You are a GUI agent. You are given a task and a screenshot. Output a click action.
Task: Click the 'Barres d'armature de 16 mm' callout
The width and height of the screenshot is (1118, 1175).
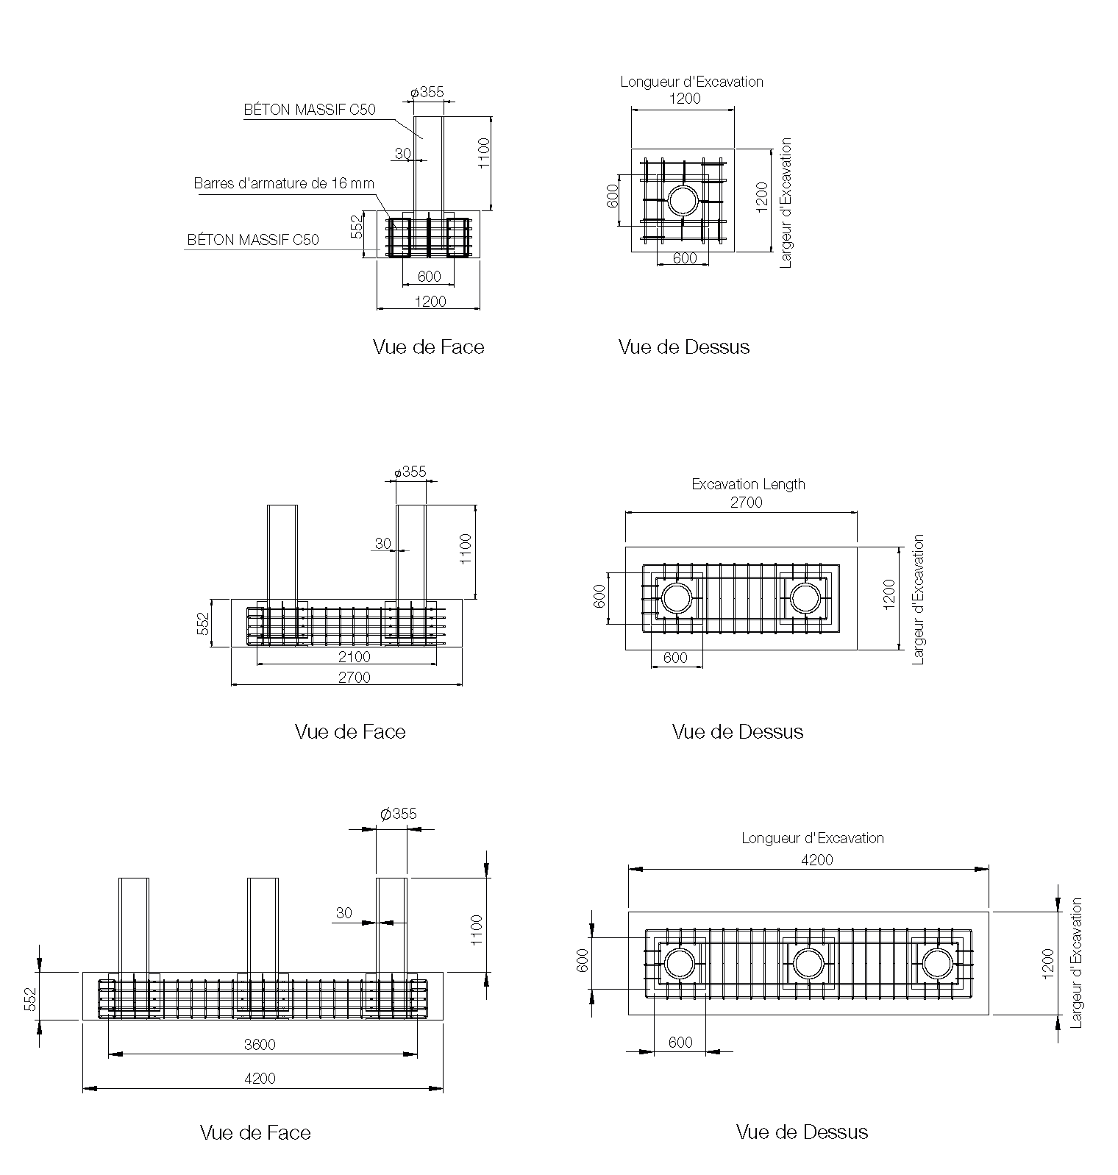pyautogui.click(x=284, y=183)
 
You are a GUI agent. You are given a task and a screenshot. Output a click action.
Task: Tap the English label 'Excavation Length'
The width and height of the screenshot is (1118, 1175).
pyautogui.click(x=748, y=484)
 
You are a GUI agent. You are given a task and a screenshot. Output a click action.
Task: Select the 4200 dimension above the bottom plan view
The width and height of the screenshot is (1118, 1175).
pyautogui.click(x=816, y=859)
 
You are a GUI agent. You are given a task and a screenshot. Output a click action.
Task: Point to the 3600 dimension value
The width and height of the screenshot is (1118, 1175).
pyautogui.click(x=259, y=1044)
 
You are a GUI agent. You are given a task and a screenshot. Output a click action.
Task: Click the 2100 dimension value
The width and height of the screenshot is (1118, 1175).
pyautogui.click(x=354, y=656)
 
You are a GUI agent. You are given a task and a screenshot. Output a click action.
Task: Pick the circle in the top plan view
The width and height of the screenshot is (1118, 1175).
pyautogui.click(x=683, y=200)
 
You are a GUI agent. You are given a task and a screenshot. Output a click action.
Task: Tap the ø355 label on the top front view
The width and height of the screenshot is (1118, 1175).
pyautogui.click(x=427, y=92)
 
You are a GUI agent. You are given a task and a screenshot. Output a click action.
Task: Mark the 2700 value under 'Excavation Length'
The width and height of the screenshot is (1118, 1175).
pyautogui.click(x=746, y=503)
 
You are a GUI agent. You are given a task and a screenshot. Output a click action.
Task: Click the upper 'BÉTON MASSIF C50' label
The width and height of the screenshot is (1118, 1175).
pyautogui.click(x=310, y=110)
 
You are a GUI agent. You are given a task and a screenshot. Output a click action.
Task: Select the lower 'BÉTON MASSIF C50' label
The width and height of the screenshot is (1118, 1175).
pyautogui.click(x=253, y=240)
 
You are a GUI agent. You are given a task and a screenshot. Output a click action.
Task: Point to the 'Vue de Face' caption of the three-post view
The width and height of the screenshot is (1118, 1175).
pyautogui.click(x=255, y=1132)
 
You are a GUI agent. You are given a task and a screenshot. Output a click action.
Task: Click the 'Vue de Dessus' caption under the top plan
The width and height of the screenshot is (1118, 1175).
pyautogui.click(x=684, y=347)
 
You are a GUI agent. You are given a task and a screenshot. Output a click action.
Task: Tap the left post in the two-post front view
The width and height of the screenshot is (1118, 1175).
pyautogui.click(x=282, y=552)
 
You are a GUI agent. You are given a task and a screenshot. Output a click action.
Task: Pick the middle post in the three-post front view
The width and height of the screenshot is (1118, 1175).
pyautogui.click(x=263, y=925)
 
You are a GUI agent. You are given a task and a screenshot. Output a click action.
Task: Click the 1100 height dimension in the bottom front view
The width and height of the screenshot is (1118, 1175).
pyautogui.click(x=476, y=930)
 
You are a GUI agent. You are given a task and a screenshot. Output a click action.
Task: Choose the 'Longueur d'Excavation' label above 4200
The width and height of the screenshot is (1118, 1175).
pyautogui.click(x=812, y=838)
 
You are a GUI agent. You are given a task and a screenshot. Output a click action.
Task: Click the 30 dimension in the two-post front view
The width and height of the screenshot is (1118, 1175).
pyautogui.click(x=382, y=544)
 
